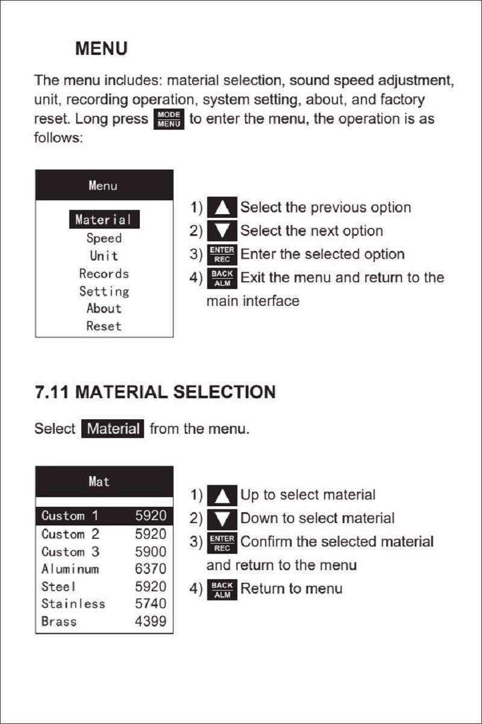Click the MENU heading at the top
tap(101, 49)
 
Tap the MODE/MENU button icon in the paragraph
tap(169, 119)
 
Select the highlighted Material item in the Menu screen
tap(104, 220)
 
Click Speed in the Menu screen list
tap(104, 238)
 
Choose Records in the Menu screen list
tap(104, 273)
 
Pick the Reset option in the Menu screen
tap(104, 326)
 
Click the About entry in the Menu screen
tap(104, 308)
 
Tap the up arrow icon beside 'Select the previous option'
tap(222, 208)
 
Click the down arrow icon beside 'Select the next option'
tap(222, 231)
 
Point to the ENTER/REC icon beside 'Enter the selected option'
tap(222, 255)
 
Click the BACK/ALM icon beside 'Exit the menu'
tap(222, 278)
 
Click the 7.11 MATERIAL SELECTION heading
tap(155, 392)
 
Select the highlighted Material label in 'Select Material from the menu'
tap(113, 429)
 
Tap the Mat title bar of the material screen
tap(104, 481)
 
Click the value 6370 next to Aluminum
tap(150, 569)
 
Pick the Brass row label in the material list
tap(59, 621)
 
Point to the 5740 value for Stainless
tap(150, 604)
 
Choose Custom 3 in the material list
tap(70, 551)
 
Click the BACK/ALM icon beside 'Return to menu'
tap(222, 589)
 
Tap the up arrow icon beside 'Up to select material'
tap(222, 495)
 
